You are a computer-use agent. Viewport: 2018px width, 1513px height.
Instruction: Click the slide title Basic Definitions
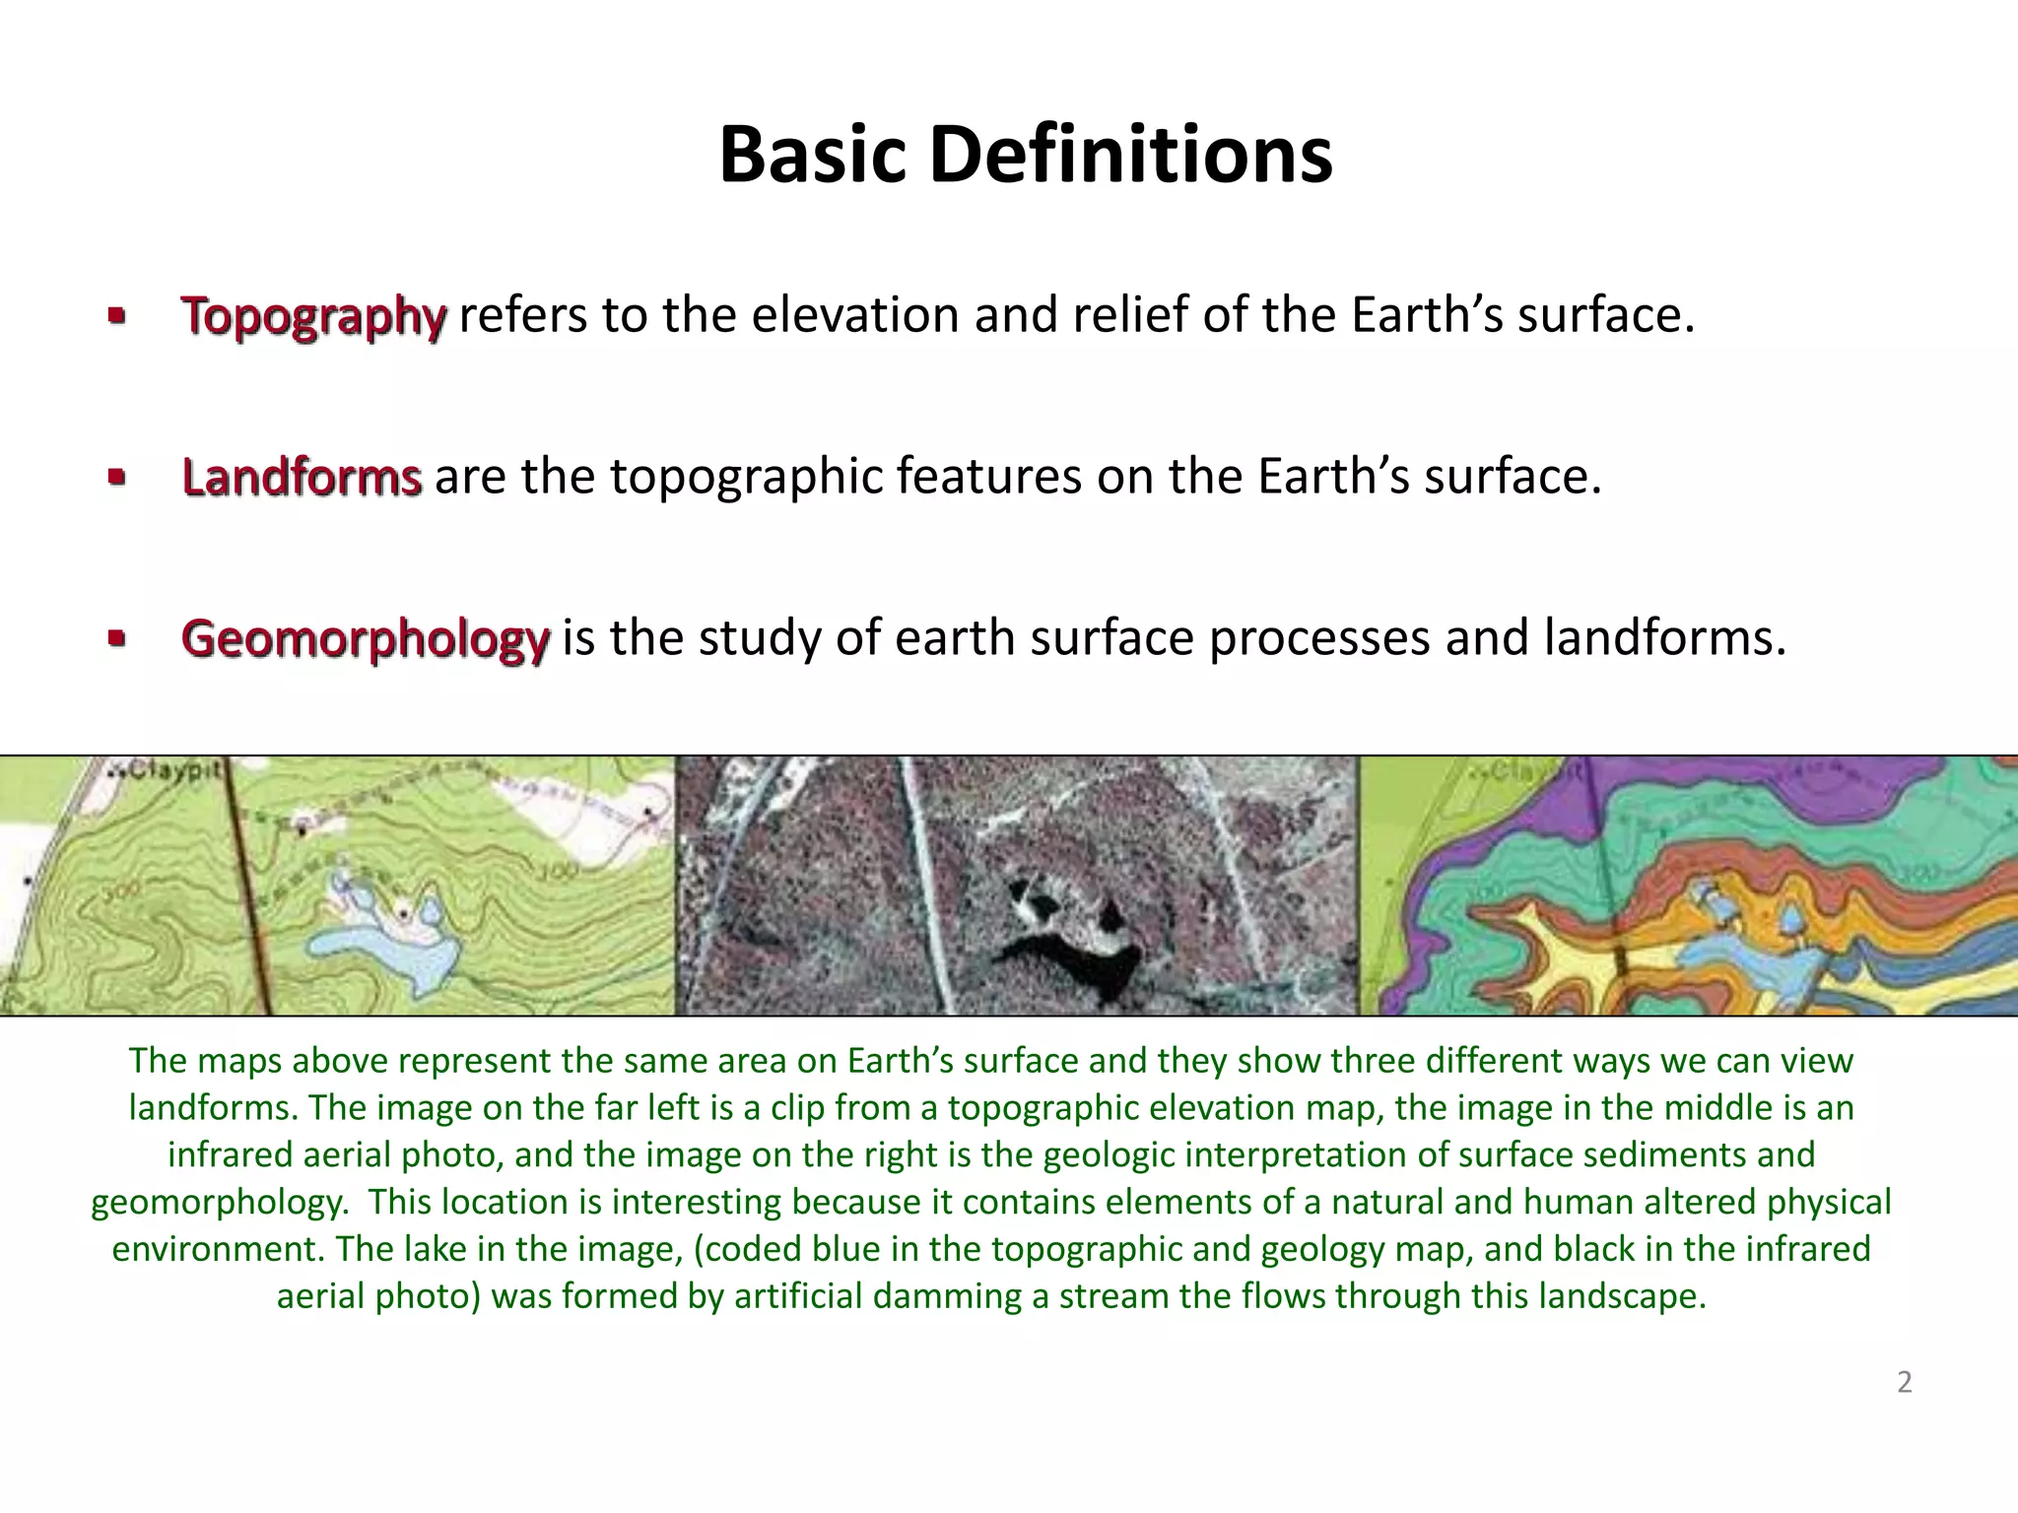click(x=1025, y=155)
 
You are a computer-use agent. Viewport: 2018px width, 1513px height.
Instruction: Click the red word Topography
click(x=313, y=316)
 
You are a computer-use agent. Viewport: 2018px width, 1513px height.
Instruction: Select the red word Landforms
click(x=302, y=477)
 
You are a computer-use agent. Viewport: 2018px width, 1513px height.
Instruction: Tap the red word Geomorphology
click(x=365, y=638)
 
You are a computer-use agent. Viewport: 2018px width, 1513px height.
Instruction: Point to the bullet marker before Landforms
click(x=116, y=479)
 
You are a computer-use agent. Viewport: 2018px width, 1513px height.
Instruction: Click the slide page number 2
click(x=1904, y=1382)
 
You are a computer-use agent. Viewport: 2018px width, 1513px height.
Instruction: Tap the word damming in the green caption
click(x=946, y=1295)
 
